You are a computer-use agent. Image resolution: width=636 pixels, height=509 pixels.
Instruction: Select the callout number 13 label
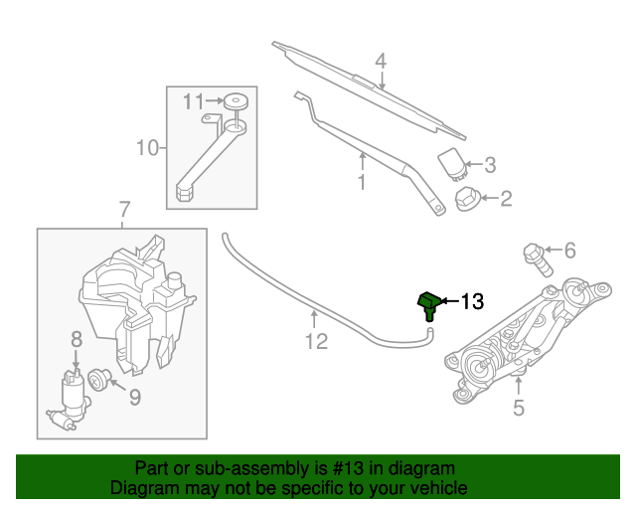tap(471, 301)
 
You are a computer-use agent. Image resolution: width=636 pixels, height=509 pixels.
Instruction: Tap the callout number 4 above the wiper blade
tap(380, 62)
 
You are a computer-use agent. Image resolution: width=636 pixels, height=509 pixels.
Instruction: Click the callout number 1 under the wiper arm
tap(362, 183)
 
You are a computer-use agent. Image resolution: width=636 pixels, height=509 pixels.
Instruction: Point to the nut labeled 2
tap(466, 199)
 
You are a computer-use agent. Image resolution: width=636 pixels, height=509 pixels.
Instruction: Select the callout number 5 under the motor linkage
tap(518, 407)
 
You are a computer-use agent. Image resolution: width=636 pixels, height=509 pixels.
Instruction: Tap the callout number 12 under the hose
tap(315, 343)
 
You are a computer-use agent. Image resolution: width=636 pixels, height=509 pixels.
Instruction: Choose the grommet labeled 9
tap(98, 379)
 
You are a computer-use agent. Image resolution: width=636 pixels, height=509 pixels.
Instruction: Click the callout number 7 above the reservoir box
tap(124, 211)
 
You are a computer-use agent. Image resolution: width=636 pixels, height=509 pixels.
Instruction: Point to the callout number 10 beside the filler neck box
tap(147, 149)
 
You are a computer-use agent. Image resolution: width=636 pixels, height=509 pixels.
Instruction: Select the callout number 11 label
tap(193, 100)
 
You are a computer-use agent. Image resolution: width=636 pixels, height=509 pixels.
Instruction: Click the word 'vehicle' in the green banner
tap(436, 488)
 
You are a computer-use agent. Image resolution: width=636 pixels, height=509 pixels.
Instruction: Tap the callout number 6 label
tap(569, 251)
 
